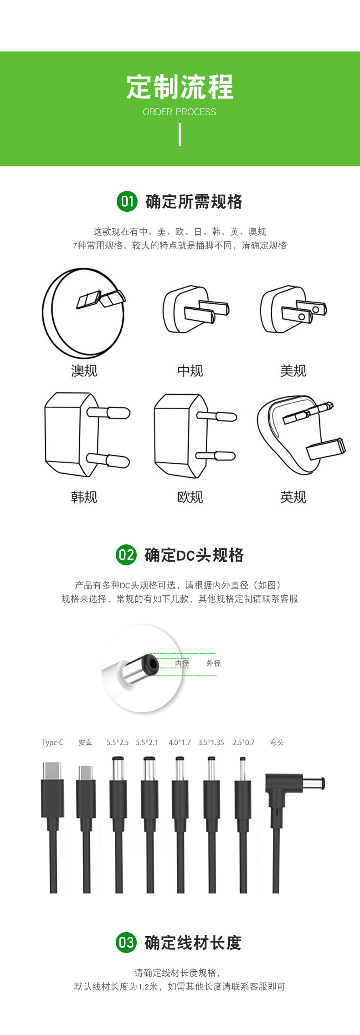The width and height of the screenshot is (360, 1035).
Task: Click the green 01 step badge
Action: (127, 201)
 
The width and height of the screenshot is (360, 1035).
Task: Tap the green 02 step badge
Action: (126, 555)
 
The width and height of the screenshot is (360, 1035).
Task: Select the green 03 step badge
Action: (126, 942)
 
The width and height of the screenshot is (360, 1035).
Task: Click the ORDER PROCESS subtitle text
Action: (180, 112)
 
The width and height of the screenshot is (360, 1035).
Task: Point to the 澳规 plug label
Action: (84, 371)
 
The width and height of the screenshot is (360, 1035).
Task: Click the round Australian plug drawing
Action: (83, 313)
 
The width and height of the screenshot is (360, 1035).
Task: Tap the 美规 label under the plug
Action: (293, 371)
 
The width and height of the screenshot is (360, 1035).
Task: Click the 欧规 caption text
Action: (190, 497)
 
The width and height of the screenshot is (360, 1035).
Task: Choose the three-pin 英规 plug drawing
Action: (301, 434)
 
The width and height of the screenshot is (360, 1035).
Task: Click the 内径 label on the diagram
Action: (182, 663)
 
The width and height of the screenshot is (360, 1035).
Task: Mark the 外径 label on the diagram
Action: (214, 663)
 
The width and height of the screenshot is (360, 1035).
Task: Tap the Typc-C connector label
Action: (53, 743)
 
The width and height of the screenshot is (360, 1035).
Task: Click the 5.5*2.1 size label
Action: (147, 743)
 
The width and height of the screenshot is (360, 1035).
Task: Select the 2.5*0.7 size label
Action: (243, 743)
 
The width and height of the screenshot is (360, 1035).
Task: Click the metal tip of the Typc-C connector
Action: (53, 771)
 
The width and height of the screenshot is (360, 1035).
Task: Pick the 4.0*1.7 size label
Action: (180, 743)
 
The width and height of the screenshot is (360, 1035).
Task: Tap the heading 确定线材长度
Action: (193, 943)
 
